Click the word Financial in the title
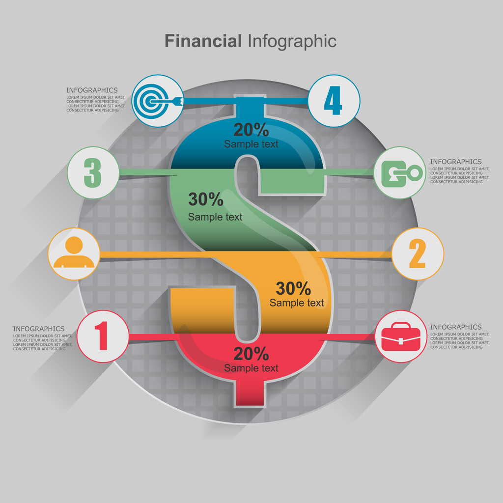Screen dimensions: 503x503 point(203,41)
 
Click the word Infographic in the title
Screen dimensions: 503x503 point(292,41)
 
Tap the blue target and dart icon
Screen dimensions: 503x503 point(158,101)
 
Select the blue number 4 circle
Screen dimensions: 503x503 point(334,101)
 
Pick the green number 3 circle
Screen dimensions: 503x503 point(93,173)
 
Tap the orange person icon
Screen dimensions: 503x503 point(74,254)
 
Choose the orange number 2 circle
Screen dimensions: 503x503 point(418,254)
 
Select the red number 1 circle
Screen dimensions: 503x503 point(103,336)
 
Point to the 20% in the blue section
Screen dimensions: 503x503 point(251,130)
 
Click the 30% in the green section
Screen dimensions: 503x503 point(206,199)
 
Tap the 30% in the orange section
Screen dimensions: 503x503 point(293,289)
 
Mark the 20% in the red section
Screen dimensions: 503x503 point(251,354)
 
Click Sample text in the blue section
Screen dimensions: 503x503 point(251,144)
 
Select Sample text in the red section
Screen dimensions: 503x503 point(251,368)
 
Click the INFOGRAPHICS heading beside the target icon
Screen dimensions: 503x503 point(92,90)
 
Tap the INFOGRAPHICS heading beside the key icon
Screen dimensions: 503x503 point(456,162)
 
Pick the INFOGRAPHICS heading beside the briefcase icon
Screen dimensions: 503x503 point(456,327)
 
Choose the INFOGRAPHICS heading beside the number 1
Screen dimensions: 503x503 point(39,329)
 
